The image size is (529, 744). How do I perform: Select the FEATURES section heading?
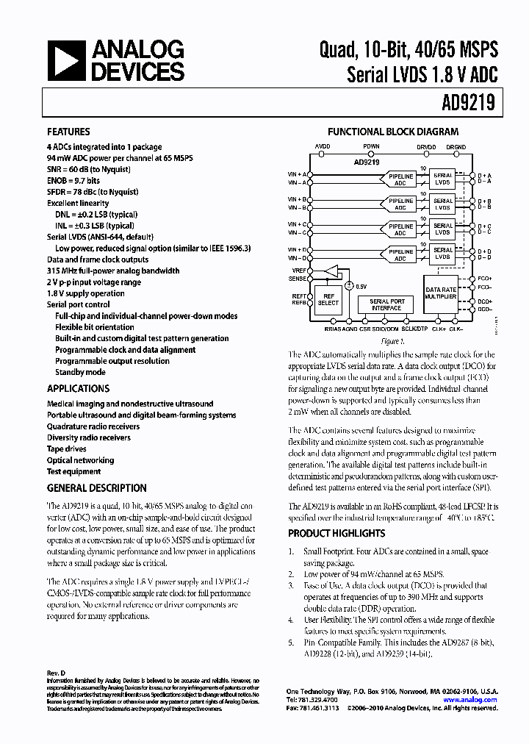click(68, 132)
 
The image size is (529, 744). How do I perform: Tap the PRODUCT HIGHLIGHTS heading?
click(336, 533)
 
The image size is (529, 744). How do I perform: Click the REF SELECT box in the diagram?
click(328, 298)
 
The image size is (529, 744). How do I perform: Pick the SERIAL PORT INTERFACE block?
click(386, 304)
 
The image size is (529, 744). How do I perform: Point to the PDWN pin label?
click(372, 146)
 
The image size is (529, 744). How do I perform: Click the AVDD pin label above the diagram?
click(323, 146)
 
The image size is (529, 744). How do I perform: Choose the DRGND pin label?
click(456, 146)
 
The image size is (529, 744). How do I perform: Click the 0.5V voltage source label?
click(361, 285)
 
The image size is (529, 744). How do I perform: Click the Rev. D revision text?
click(56, 673)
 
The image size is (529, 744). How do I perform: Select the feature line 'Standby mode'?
click(80, 372)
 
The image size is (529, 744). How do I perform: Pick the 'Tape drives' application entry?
click(67, 449)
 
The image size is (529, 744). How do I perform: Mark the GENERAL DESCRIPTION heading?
click(96, 488)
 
